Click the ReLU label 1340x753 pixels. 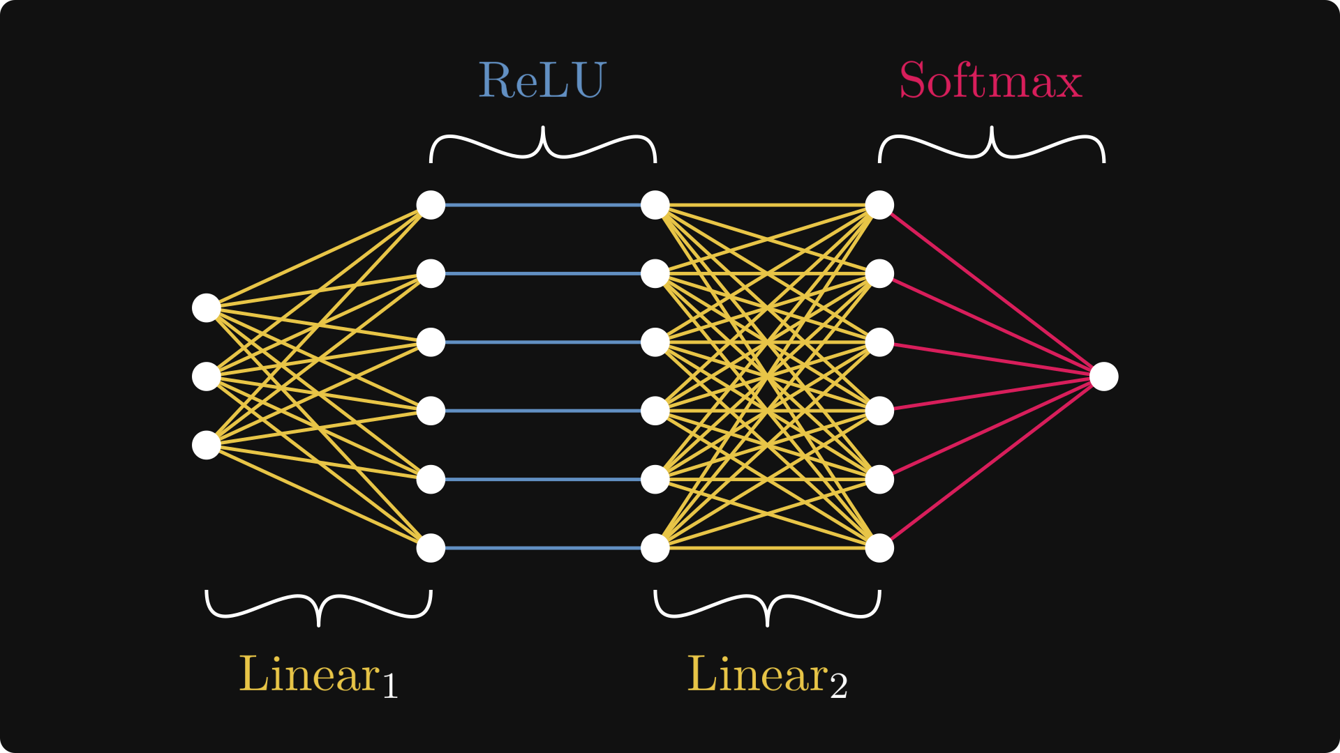click(542, 80)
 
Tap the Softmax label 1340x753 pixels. click(990, 81)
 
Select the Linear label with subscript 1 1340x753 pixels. click(318, 675)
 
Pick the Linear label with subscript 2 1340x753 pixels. click(766, 675)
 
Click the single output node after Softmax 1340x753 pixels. click(1103, 376)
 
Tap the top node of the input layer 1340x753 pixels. click(207, 308)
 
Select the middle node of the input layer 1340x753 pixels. click(207, 376)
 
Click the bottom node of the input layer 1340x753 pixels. click(207, 445)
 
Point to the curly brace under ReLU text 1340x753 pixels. click(543, 145)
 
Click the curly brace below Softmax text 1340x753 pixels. click(991, 145)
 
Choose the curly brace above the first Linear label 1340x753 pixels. click(319, 607)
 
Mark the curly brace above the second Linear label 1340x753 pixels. click(767, 607)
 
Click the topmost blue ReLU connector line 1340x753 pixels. click(543, 205)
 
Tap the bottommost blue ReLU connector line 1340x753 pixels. click(543, 548)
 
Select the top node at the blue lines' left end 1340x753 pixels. click(431, 205)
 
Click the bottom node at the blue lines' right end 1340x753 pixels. click(655, 548)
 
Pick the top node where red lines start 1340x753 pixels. click(879, 205)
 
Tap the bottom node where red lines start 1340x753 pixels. click(879, 548)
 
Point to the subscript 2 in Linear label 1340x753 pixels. click(838, 686)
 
